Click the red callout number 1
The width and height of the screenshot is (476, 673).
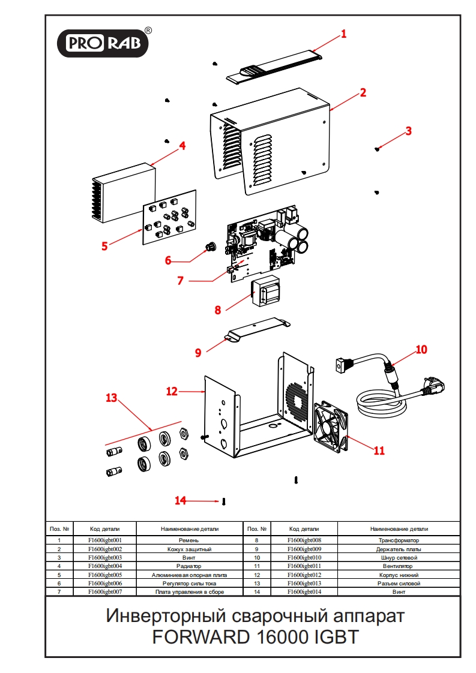point(344,34)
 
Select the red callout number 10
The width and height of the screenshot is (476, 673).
point(422,349)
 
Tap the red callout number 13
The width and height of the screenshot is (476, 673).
point(112,398)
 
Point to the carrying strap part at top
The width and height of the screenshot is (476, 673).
point(274,68)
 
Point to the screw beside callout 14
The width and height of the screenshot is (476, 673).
point(223,501)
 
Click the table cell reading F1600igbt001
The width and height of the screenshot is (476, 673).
point(105,540)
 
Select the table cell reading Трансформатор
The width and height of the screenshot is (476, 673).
point(399,540)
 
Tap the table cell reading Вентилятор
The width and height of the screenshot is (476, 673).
point(399,566)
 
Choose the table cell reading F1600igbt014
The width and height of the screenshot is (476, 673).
point(304,591)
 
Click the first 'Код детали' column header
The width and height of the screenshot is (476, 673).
point(105,529)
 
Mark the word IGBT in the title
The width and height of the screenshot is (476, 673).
point(336,637)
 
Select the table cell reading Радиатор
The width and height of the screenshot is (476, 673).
point(190,566)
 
